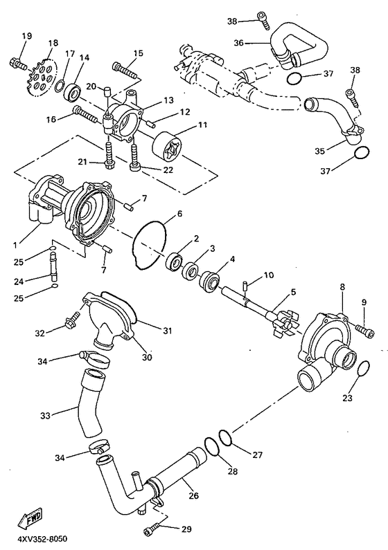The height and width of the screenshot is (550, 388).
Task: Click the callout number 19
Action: [27, 35]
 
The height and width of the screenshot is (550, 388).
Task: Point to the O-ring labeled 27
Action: [226, 437]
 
